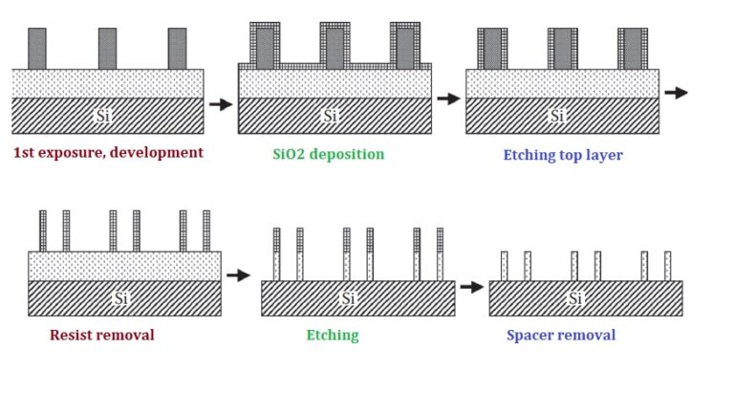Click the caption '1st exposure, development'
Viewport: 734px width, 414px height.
coord(108,153)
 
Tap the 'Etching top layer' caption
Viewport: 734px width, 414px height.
coord(563,155)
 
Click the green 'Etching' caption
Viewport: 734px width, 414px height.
coord(333,336)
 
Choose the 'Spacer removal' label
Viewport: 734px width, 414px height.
coord(561,336)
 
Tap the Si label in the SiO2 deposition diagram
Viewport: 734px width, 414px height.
coord(331,116)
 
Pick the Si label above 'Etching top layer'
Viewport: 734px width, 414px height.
coord(558,116)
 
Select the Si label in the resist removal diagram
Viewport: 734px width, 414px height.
coord(120,298)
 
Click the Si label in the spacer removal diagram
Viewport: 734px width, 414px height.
coord(576,298)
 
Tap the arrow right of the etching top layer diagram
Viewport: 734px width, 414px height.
coord(676,93)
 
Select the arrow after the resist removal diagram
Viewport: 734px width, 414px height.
coord(238,275)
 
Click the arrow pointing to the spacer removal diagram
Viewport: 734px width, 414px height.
coord(471,286)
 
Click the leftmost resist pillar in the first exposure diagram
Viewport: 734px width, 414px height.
coord(37,49)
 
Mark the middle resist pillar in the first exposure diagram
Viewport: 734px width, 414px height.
coord(107,49)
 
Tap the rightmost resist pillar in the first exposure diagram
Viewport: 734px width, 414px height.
coord(177,49)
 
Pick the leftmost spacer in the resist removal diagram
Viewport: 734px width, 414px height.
coord(43,230)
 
